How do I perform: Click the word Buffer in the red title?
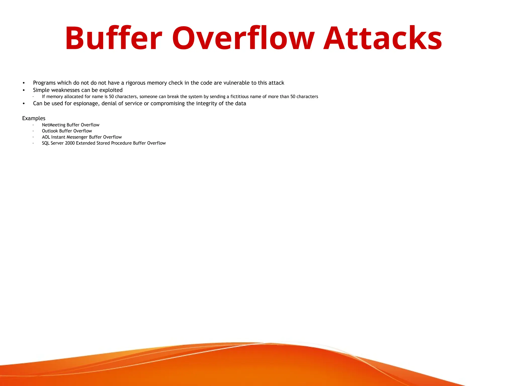113,38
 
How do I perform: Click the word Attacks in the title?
382,38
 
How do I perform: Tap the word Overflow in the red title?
243,38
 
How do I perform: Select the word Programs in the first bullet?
44,83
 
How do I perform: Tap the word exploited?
111,90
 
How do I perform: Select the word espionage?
86,104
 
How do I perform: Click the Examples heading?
34,118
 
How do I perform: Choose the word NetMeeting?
54,125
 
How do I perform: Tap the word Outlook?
50,131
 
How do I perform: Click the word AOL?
46,137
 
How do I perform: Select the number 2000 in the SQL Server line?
70,143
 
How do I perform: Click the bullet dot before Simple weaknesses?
24,90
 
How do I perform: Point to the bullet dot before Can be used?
24,104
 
